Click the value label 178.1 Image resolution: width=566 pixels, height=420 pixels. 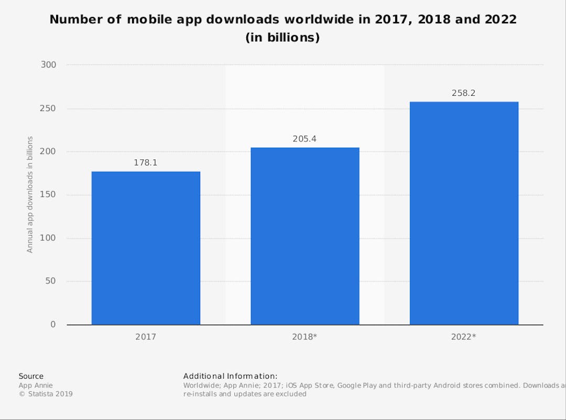click(146, 163)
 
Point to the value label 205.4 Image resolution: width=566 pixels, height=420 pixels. click(304, 139)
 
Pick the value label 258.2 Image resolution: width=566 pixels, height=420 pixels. click(464, 93)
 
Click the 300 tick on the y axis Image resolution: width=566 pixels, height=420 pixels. click(48, 65)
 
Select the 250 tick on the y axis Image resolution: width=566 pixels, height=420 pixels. click(48, 108)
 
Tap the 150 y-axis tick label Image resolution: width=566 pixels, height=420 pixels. click(48, 195)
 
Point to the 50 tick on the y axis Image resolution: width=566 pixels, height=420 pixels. click(50, 281)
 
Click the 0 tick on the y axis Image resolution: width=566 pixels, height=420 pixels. click(53, 325)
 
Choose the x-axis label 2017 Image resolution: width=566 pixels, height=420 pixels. click(146, 337)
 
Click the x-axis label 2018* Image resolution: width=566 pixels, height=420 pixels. click(304, 337)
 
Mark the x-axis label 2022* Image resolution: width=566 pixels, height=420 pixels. click(464, 337)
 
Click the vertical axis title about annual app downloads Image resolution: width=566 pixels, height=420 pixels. click(30, 195)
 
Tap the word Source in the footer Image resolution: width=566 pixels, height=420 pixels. click(31, 376)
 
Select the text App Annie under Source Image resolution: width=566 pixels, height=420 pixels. click(36, 385)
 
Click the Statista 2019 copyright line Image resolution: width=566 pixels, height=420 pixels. click(46, 394)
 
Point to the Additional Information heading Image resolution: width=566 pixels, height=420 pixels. click(230, 376)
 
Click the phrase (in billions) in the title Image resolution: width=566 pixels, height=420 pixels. click(282, 38)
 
